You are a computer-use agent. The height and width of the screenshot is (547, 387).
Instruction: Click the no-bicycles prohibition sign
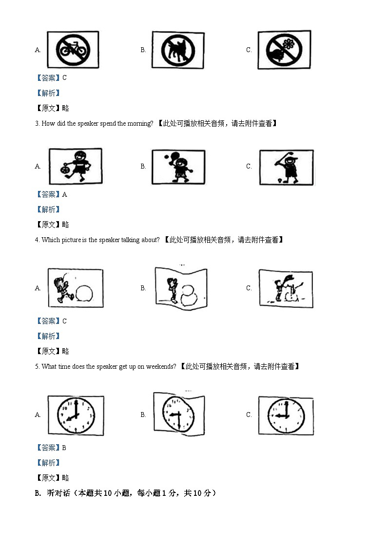pyautogui.click(x=73, y=49)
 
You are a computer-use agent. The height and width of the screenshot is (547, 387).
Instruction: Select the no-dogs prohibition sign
pyautogui.click(x=178, y=50)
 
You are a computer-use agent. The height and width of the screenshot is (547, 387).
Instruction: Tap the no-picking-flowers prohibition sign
pyautogui.click(x=284, y=50)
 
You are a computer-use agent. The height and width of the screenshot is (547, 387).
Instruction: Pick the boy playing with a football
pyautogui.click(x=76, y=166)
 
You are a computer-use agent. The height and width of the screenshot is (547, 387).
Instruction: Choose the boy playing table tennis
pyautogui.click(x=178, y=167)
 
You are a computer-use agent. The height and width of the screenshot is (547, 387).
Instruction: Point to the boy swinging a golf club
pyautogui.click(x=286, y=167)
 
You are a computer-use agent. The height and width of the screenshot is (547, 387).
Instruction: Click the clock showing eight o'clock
pyautogui.click(x=76, y=415)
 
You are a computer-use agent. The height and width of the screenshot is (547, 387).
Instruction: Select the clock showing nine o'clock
pyautogui.click(x=286, y=415)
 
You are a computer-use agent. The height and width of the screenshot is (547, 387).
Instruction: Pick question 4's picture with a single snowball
pyautogui.click(x=76, y=287)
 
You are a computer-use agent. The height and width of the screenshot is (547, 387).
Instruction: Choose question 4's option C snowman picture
pyautogui.click(x=286, y=288)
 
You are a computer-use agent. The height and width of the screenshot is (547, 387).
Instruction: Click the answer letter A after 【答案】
pyautogui.click(x=65, y=194)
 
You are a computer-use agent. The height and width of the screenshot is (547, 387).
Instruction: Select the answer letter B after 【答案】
pyautogui.click(x=64, y=448)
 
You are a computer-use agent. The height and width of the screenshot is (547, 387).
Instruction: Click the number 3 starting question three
pyautogui.click(x=37, y=124)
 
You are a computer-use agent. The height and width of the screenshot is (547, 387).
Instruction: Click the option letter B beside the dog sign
pyautogui.click(x=143, y=50)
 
